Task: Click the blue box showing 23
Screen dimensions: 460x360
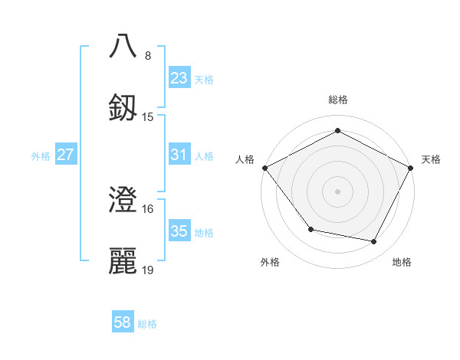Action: tap(179, 77)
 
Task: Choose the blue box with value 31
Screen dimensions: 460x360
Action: tap(179, 155)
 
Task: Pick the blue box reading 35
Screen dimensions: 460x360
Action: tap(179, 231)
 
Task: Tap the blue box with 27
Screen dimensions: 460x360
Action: tap(65, 155)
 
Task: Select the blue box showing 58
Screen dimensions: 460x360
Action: tap(123, 322)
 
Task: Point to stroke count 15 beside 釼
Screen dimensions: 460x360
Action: tap(148, 116)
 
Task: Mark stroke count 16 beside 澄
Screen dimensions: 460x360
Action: tap(148, 209)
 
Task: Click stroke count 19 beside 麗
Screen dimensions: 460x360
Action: tap(148, 270)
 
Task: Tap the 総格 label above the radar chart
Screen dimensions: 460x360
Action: tap(338, 100)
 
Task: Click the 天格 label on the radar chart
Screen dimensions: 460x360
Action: tap(431, 159)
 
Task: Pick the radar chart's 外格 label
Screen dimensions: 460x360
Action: tap(270, 262)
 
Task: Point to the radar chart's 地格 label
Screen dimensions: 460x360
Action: tap(402, 262)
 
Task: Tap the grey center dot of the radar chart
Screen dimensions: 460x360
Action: tap(338, 191)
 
